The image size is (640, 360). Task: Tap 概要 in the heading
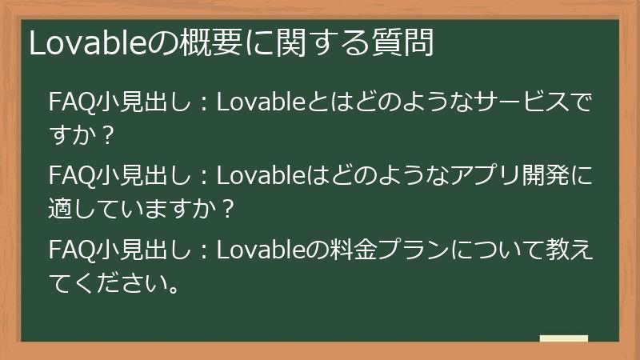pos(190,43)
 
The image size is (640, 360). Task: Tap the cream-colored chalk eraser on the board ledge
pos(563,338)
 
